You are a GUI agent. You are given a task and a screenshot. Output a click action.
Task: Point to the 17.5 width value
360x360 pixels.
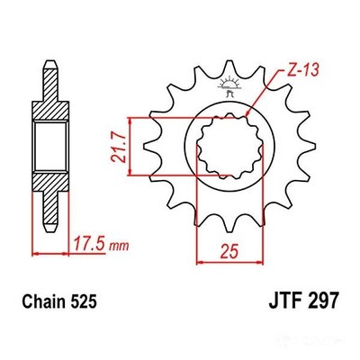[87, 244]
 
